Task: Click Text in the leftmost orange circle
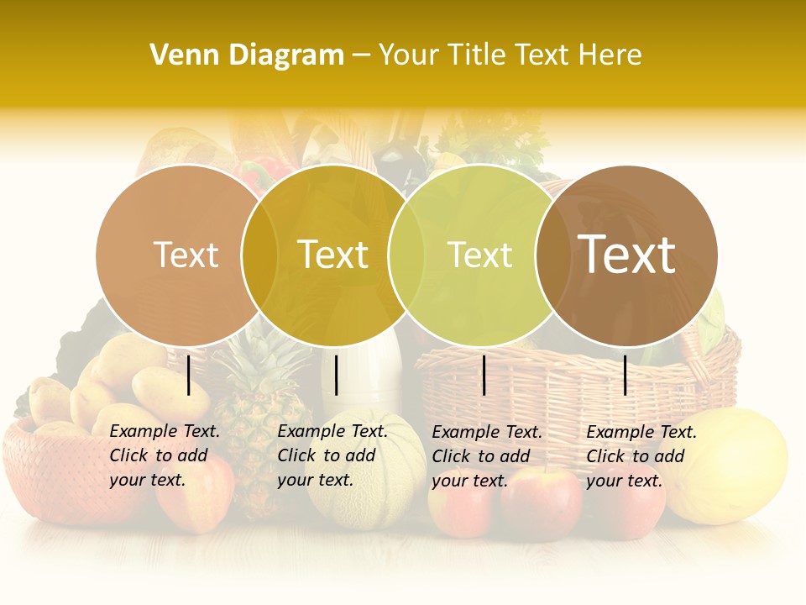click(x=186, y=255)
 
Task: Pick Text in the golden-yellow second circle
click(x=332, y=255)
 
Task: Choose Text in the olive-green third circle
click(x=479, y=255)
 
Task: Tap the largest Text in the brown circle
click(x=626, y=255)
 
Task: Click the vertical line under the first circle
click(x=189, y=375)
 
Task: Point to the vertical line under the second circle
click(x=336, y=375)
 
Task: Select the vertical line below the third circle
click(x=484, y=375)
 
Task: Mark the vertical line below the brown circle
click(x=625, y=375)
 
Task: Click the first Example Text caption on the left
click(x=165, y=455)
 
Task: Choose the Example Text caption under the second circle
click(x=332, y=455)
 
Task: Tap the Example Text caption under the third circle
click(x=487, y=456)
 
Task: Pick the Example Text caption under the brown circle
click(x=641, y=456)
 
